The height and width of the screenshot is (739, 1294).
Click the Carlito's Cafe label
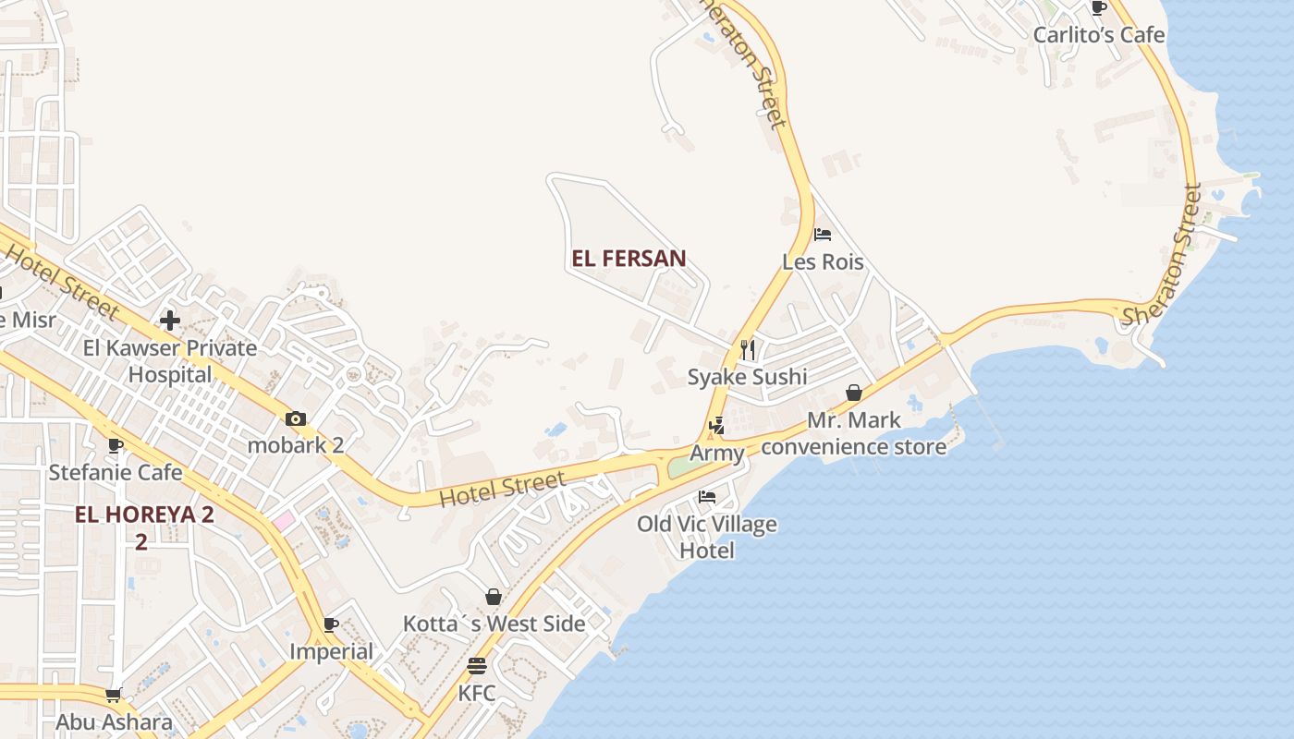[x=1098, y=35]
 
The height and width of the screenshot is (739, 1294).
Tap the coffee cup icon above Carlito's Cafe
[x=1098, y=8]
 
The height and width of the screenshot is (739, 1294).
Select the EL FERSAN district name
[x=629, y=259]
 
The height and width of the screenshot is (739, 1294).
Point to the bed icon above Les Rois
[x=823, y=235]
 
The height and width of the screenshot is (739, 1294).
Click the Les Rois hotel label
[x=823, y=262]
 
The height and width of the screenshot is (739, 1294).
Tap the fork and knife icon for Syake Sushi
[x=748, y=350]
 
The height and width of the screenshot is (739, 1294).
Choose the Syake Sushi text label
[x=747, y=377]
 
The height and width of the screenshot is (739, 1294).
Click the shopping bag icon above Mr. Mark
[x=854, y=394]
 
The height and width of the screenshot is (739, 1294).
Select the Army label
[x=717, y=454]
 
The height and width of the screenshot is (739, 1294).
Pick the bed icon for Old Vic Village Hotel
[x=707, y=497]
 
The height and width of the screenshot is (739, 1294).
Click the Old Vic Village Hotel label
[x=707, y=538]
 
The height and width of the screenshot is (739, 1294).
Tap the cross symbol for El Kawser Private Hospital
[x=170, y=321]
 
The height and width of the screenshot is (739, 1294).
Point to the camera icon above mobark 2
[x=296, y=418]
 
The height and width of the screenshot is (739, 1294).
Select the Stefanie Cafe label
[x=116, y=473]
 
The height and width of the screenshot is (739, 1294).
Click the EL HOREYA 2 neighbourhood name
[x=144, y=515]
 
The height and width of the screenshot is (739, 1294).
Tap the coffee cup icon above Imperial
[x=331, y=625]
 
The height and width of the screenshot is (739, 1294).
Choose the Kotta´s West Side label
[x=494, y=624]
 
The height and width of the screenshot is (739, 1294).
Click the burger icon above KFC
[x=477, y=666]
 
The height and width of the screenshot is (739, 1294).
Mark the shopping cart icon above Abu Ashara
[x=114, y=695]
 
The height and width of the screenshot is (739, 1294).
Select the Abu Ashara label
[x=114, y=722]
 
